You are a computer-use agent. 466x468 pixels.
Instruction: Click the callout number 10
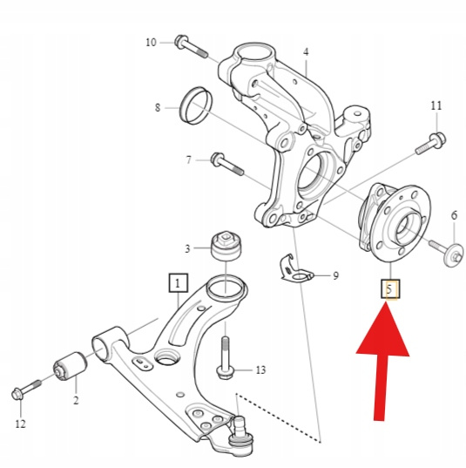click(151, 43)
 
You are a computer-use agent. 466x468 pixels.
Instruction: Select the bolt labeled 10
click(192, 47)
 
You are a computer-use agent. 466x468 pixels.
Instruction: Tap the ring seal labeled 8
click(196, 105)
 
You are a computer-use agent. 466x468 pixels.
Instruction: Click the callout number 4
click(306, 52)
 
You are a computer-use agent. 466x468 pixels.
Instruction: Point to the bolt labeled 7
click(227, 164)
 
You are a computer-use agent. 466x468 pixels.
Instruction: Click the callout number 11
click(436, 105)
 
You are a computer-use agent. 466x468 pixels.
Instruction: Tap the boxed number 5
click(390, 288)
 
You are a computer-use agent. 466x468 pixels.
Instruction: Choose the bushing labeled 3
click(226, 246)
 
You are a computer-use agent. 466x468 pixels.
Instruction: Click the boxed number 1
click(178, 282)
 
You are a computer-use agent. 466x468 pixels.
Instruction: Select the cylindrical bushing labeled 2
click(71, 367)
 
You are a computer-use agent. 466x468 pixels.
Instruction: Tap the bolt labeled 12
click(26, 390)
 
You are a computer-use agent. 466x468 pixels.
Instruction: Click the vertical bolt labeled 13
click(225, 358)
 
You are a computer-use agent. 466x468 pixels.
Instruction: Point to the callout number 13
click(260, 370)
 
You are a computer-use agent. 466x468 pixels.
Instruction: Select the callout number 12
click(20, 424)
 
